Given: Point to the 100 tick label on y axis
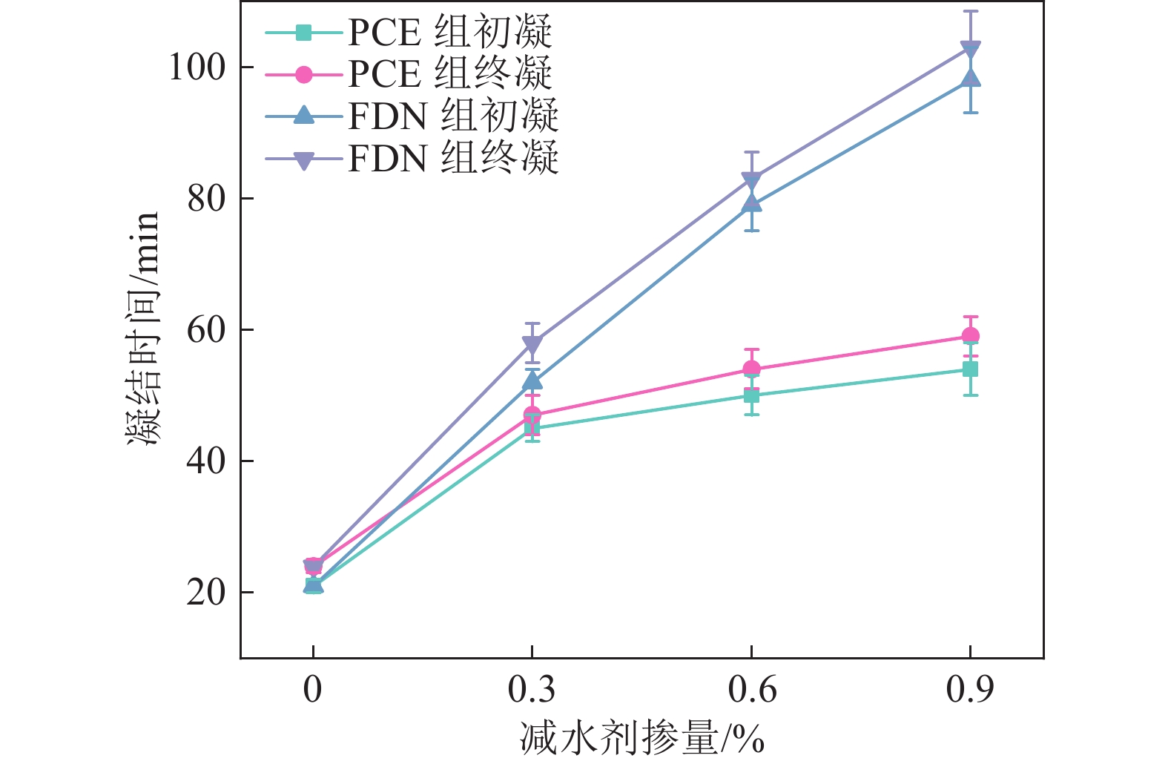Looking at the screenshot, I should pos(197,67).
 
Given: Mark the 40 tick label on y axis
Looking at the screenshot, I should pos(206,461).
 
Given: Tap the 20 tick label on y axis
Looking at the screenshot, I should pos(206,593).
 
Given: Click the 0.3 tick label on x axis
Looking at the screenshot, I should pos(532,690).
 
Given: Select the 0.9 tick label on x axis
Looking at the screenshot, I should pos(970,690).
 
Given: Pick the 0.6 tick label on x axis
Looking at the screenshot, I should pos(751,690).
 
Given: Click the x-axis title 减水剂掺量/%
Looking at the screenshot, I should pos(642,739).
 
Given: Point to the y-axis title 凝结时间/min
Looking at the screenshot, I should pos(144,328).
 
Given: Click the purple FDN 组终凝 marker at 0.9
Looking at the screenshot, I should pos(971,49).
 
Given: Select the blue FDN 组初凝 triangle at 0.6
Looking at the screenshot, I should pos(752,203).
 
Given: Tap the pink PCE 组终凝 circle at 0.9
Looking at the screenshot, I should pos(971,336).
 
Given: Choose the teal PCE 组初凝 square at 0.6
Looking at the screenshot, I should pos(752,395).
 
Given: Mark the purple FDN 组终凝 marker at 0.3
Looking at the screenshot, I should pos(532,344).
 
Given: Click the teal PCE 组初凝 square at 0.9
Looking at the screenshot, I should pos(971,369).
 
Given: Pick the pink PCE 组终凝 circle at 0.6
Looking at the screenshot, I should pos(752,369).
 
